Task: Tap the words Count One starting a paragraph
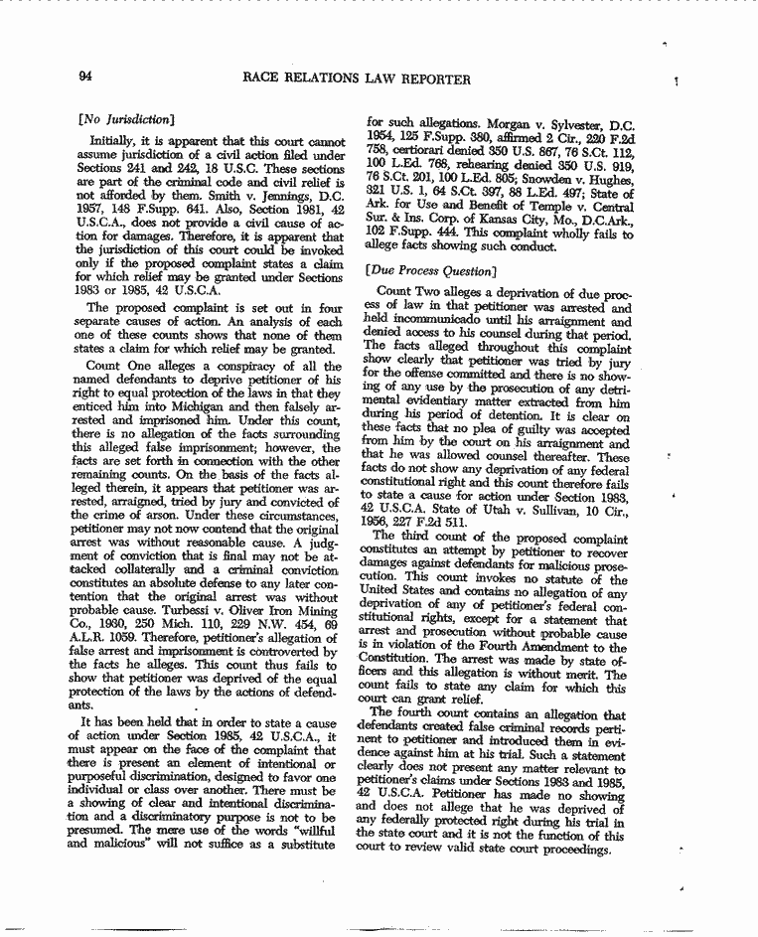[116, 367]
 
